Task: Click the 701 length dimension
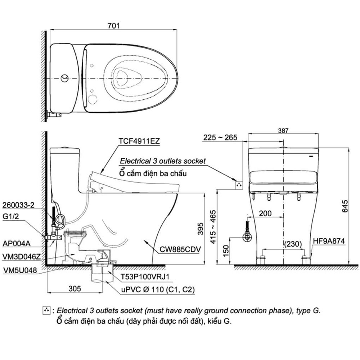click(x=114, y=26)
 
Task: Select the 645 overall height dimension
click(x=345, y=207)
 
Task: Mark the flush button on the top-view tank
click(x=64, y=78)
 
